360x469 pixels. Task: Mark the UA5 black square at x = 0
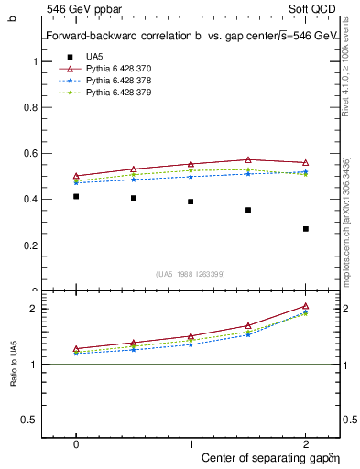click(76, 196)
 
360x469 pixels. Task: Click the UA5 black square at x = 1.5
click(248, 210)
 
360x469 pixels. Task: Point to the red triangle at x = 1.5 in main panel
click(248, 159)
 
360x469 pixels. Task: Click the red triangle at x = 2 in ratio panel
click(306, 306)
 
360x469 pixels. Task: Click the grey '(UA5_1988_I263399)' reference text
click(191, 274)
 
